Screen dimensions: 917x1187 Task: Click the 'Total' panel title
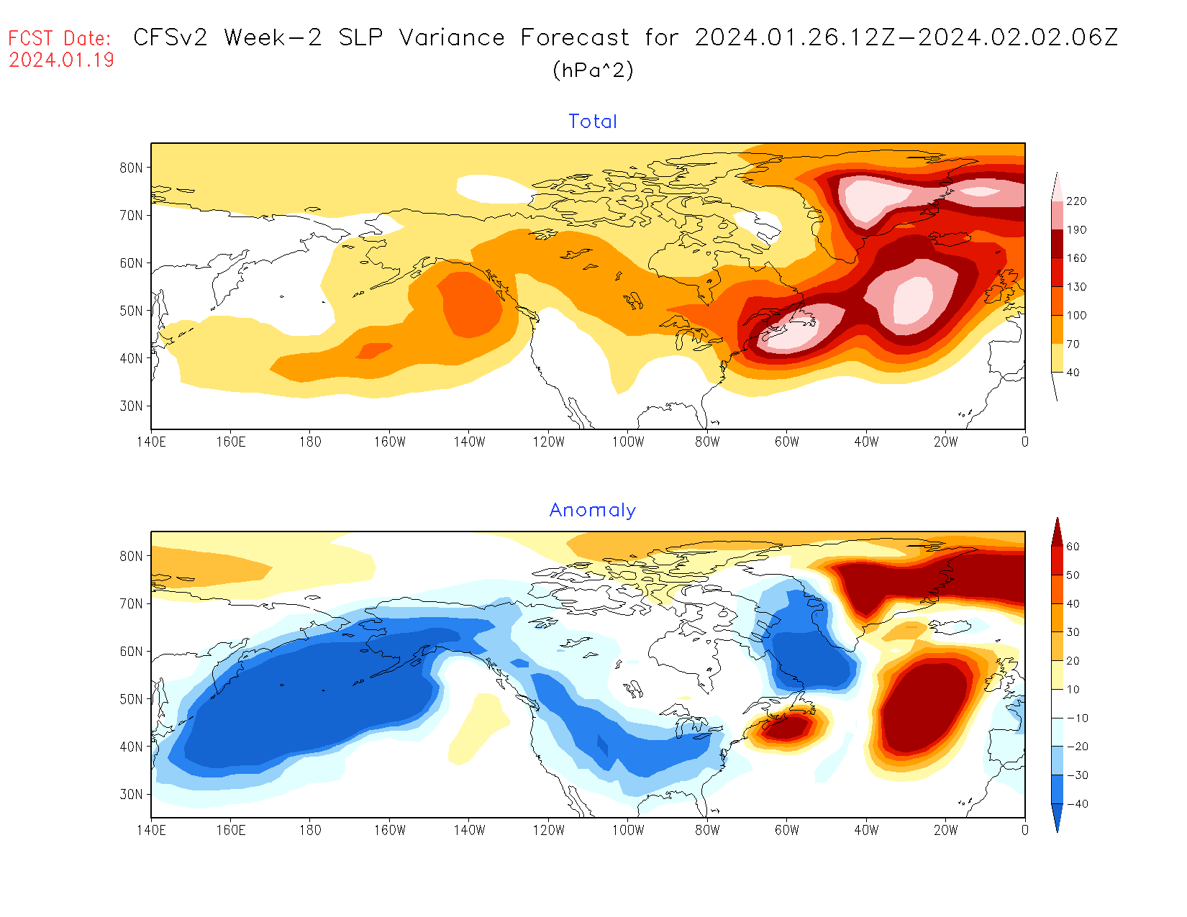[x=593, y=122]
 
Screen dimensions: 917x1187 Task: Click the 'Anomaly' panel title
[x=593, y=510]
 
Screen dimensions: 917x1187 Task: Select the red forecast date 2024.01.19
[x=61, y=60]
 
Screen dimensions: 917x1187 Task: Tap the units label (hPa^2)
[x=593, y=70]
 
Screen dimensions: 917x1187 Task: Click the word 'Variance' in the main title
[x=452, y=37]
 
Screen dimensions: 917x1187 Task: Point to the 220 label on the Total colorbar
[x=1076, y=201]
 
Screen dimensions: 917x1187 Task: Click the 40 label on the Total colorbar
[x=1073, y=373]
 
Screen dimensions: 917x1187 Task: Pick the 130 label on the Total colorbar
[x=1076, y=287]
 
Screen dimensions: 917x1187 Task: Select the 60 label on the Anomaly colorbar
[x=1073, y=547]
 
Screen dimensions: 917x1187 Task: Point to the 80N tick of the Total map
[x=131, y=168]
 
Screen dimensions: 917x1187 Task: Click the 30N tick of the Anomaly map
[x=131, y=794]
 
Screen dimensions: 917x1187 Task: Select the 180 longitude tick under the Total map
[x=310, y=442]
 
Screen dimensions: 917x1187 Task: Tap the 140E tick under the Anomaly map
[x=151, y=830]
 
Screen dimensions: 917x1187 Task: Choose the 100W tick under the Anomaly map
[x=628, y=830]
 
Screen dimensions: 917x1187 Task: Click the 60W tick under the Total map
[x=787, y=442]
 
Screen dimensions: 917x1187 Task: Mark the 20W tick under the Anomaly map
[x=946, y=830]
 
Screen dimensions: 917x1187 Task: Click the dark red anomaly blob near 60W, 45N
[x=788, y=727]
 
